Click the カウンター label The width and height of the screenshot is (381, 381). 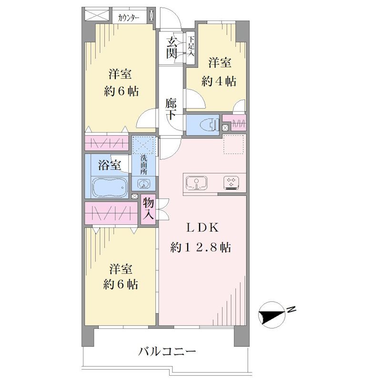129,18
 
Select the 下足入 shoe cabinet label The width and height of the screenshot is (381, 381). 191,46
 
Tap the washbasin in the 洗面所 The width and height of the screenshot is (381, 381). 144,184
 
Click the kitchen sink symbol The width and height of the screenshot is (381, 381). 197,183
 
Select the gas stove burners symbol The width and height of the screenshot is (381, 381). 231,183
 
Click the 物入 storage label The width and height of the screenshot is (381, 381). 148,209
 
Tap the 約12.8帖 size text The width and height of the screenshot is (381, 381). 201,248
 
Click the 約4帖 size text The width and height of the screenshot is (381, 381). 219,81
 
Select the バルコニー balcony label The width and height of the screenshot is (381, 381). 167,351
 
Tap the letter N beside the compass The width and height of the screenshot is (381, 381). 291,310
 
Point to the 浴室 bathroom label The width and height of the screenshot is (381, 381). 110,165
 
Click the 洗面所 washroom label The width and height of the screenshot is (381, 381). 144,165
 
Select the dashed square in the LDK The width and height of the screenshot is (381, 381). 233,144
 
